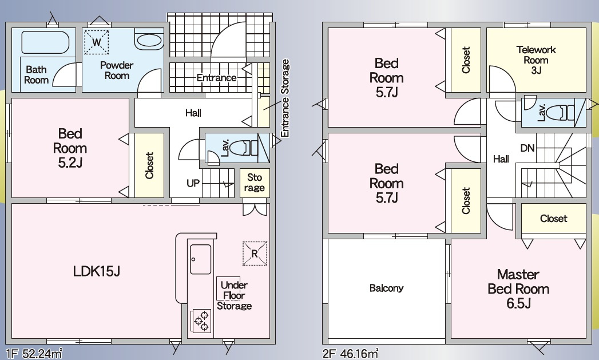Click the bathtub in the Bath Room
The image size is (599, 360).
point(45,42)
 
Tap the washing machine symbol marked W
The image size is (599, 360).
point(96,42)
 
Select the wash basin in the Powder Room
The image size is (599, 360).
point(149,41)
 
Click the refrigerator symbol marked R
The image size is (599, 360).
point(255,253)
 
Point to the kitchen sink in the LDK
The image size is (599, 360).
point(201,259)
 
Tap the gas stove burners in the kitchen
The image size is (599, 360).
point(201,321)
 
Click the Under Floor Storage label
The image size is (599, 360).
point(234,295)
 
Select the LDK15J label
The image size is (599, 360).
point(97,271)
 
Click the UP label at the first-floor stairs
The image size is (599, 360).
point(193,183)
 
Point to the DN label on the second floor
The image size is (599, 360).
point(527,148)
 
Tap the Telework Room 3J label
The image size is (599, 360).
point(536,60)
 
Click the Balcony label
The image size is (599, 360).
point(386,288)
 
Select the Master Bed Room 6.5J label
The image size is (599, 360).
point(518,288)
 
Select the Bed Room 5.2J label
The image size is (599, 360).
point(70,148)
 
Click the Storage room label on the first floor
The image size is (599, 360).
point(255,183)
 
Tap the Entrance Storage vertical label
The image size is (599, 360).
point(285,98)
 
